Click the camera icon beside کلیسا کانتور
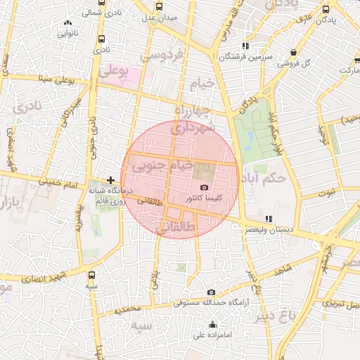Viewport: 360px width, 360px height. [204, 188]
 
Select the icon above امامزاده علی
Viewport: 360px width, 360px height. [213, 324]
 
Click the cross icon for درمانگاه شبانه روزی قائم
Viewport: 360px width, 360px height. [110, 181]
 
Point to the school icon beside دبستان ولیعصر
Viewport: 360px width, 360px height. [267, 219]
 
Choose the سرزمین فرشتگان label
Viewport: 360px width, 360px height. [244, 57]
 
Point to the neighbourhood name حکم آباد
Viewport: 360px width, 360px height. [262, 178]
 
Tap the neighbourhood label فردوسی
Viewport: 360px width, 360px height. [161, 54]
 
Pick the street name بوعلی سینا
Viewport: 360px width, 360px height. [55, 79]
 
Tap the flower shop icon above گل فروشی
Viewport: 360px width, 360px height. [292, 51]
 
